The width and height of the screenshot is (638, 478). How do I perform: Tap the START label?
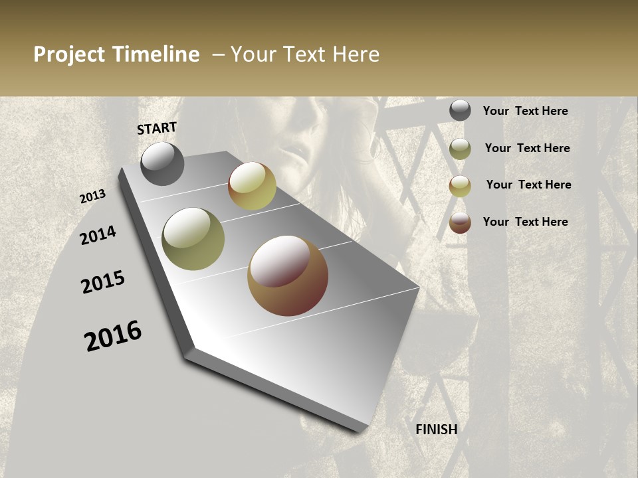pos(157,128)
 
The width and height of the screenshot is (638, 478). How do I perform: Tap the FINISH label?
pos(437,430)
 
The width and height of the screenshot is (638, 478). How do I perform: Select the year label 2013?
pos(92,197)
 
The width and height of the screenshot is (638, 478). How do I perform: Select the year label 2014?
pos(98,235)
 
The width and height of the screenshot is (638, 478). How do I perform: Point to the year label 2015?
pos(103,282)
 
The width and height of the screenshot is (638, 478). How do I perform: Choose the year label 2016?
pos(113,336)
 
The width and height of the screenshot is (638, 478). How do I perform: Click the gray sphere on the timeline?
pos(163,163)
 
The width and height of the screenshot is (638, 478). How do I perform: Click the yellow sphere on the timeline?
pos(252,186)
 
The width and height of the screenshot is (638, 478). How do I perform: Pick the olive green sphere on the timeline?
pos(193,239)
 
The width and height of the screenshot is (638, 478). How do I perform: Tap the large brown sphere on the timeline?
pos(288,276)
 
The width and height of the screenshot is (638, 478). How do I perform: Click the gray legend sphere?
pos(460,110)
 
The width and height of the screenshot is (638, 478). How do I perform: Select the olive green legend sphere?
pos(460,149)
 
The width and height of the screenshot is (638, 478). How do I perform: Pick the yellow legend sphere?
pos(460,186)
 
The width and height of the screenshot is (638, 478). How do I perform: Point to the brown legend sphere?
pos(460,222)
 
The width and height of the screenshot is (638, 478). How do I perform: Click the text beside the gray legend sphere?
pos(525,111)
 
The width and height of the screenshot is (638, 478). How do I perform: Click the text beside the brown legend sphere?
pos(525,222)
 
